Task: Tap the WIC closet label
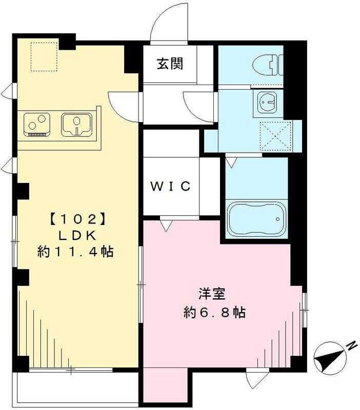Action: click(170, 186)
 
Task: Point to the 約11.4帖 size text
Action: click(75, 252)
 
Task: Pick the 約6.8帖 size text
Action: click(214, 312)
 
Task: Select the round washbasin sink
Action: click(267, 102)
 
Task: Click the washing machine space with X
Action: click(274, 136)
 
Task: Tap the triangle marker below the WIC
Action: click(165, 225)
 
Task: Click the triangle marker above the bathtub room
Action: click(231, 162)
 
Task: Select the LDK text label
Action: click(75, 235)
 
